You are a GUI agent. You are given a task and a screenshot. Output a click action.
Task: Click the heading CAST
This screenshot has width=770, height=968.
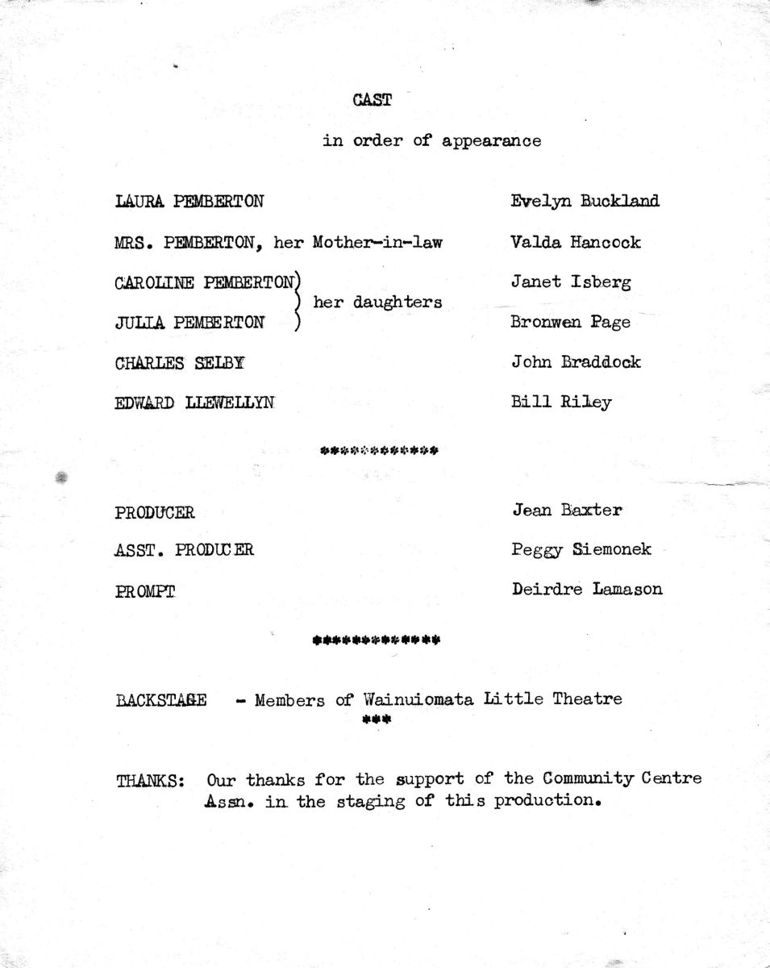372,101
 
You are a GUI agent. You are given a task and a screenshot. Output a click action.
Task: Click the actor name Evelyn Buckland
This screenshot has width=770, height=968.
585,201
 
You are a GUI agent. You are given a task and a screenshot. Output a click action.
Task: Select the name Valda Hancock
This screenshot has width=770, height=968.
576,241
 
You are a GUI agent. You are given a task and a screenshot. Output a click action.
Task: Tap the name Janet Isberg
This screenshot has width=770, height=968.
571,282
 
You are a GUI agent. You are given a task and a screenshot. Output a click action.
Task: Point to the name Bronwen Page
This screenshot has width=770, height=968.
571,323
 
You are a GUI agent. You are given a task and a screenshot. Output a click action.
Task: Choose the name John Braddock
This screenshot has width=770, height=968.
576,362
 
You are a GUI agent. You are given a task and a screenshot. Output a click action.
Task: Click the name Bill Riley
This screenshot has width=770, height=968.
561,402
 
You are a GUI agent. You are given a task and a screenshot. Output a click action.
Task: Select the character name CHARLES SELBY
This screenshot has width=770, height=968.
180,363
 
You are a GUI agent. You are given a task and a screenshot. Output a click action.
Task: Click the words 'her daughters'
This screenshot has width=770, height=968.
377,302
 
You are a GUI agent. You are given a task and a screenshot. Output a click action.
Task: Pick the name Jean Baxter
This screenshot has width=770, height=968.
567,510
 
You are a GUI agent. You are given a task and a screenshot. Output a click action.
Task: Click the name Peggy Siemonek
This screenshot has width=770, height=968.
581,550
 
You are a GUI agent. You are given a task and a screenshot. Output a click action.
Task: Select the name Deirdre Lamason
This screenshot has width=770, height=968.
587,590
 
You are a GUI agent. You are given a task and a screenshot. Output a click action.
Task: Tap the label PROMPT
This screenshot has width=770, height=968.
145,591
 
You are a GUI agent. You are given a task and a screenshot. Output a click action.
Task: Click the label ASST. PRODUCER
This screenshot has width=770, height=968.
184,551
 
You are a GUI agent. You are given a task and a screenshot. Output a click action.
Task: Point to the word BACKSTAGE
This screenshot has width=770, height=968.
161,699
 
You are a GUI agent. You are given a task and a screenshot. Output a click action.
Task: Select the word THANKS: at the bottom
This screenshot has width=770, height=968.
151,781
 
